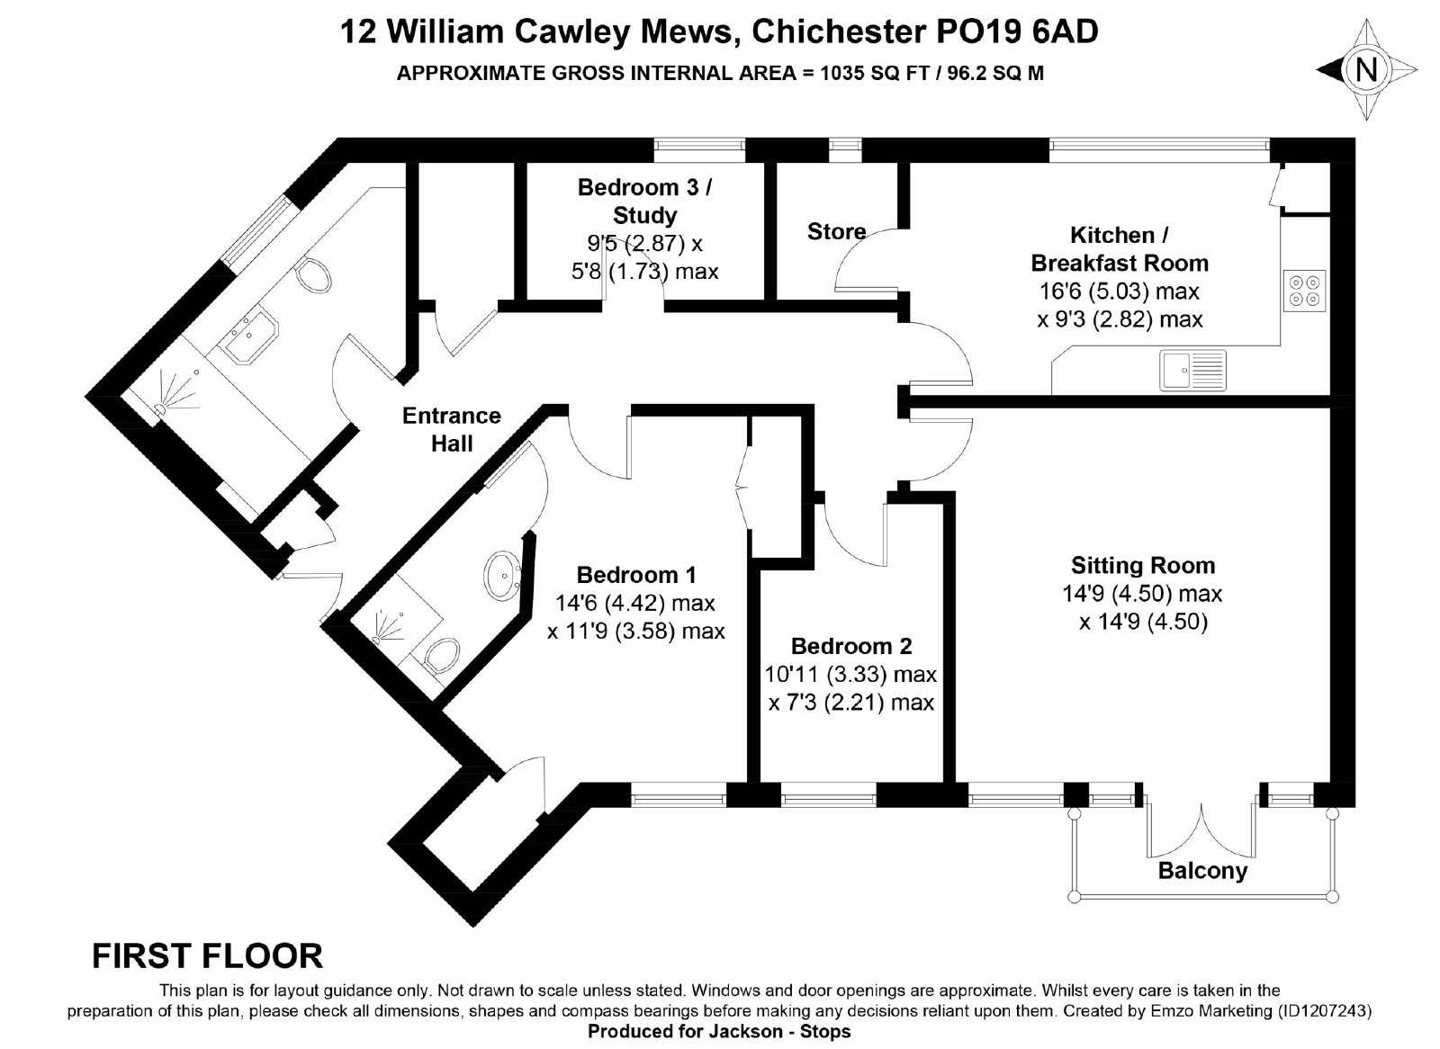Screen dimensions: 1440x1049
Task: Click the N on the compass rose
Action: (1366, 69)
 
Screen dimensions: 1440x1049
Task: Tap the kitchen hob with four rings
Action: (1304, 291)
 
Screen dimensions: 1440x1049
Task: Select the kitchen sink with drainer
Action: (1192, 371)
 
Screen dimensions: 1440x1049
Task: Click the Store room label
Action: (836, 231)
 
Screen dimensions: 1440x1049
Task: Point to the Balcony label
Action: (1202, 871)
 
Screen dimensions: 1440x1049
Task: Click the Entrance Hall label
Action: (451, 429)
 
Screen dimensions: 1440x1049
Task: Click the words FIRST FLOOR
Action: (207, 955)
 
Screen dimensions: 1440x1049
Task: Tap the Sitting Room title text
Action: (1142, 566)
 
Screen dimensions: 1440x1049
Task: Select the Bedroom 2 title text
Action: (851, 646)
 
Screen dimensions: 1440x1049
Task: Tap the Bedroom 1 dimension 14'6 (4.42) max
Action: (634, 603)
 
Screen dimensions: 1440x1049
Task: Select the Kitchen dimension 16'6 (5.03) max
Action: (1120, 291)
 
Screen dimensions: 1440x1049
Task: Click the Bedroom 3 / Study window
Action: (699, 149)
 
